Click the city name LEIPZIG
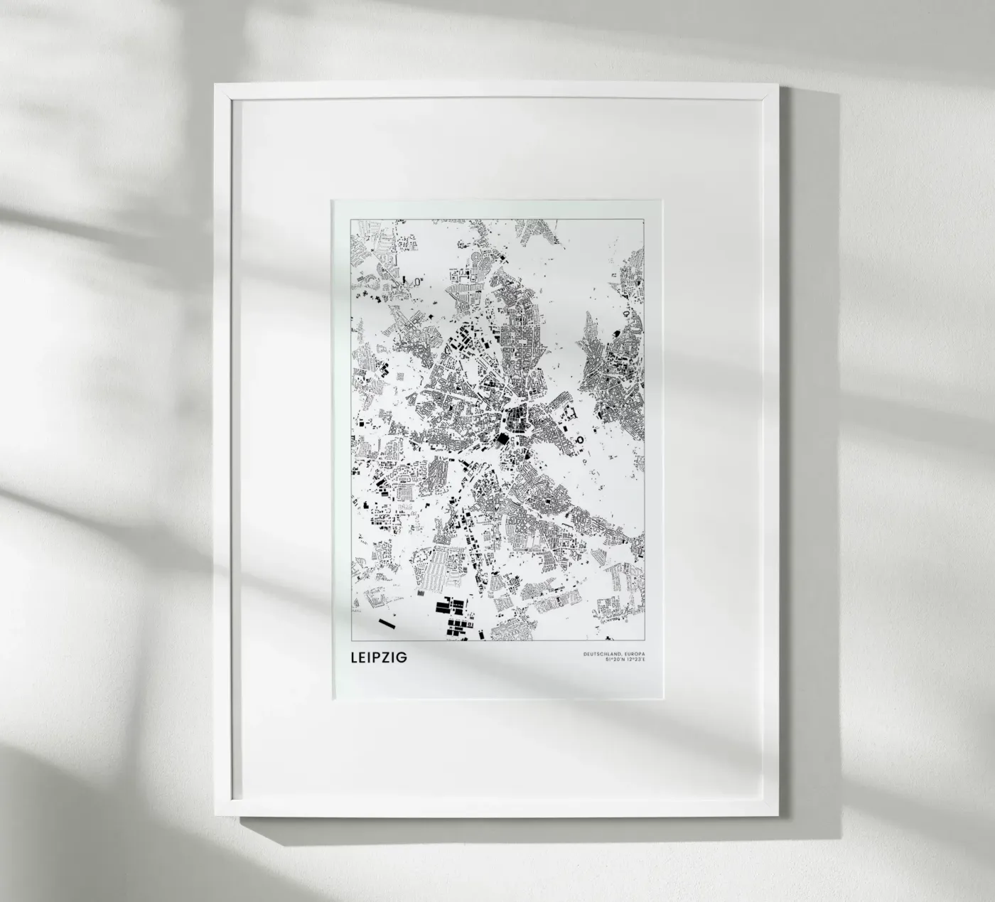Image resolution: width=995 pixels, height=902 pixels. click(378, 657)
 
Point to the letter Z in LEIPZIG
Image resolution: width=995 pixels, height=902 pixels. click(391, 657)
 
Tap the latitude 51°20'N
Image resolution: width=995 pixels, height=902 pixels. click(613, 660)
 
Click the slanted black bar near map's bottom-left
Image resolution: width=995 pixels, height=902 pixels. click(387, 623)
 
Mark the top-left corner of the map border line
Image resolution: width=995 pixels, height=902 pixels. click(351, 220)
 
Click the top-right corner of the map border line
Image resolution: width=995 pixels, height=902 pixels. click(645, 220)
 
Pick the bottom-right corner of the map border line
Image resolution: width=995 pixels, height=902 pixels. click(645, 641)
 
